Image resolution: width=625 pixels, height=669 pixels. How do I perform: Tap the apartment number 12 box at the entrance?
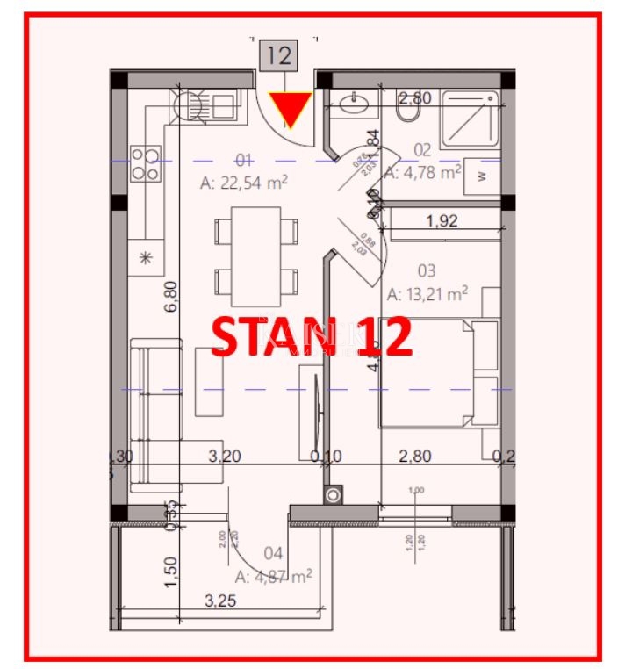tap(278, 56)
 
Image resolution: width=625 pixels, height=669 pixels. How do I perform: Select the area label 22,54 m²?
tap(245, 183)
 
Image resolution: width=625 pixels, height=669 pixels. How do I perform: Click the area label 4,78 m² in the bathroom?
tap(423, 172)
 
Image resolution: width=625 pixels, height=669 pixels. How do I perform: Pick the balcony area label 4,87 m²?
tap(274, 576)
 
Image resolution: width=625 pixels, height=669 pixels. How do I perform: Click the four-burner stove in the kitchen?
tap(146, 163)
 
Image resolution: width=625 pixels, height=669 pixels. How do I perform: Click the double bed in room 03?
tap(439, 373)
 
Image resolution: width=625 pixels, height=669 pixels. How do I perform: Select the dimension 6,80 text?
tap(171, 296)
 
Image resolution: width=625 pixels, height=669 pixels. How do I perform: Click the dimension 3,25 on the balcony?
tap(219, 601)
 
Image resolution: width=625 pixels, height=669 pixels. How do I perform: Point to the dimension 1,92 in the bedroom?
tap(442, 222)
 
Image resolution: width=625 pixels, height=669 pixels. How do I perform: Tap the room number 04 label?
tap(273, 553)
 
